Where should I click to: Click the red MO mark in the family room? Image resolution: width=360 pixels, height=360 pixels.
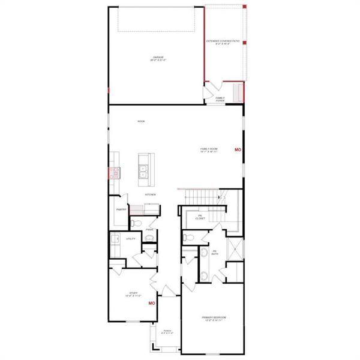[238, 149]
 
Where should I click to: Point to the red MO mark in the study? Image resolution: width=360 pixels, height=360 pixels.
[152, 304]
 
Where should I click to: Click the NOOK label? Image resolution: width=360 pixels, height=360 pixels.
[141, 121]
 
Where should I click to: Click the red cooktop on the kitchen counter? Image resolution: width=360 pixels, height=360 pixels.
[111, 174]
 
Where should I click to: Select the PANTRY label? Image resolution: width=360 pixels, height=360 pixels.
[120, 209]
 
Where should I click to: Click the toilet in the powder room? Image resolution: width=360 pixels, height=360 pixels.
[136, 223]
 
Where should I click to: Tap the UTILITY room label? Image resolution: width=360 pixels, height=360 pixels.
[130, 239]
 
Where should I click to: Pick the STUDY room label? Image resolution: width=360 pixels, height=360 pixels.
[133, 294]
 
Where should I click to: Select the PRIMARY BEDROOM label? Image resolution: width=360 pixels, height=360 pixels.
[214, 318]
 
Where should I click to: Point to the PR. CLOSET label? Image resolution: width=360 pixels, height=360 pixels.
[200, 217]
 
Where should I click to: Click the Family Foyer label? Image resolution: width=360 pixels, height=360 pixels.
[220, 99]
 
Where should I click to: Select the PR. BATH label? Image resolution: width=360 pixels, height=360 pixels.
[214, 253]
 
